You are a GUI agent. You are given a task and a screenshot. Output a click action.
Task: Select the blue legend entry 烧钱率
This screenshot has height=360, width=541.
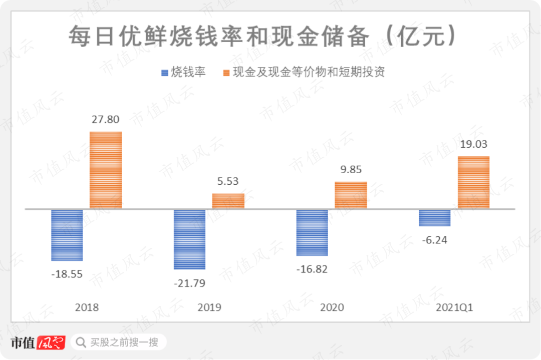[x=183, y=72]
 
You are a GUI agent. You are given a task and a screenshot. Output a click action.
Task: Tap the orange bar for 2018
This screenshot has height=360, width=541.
[x=106, y=170]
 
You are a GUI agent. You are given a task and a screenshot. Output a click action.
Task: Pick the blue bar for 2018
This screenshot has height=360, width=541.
[x=67, y=235]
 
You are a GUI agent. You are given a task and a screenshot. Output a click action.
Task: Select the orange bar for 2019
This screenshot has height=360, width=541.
[x=228, y=201]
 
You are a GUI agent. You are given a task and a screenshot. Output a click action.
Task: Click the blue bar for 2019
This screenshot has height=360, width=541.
[x=189, y=239]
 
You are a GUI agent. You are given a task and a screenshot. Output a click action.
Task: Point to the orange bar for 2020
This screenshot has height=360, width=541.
[x=351, y=195]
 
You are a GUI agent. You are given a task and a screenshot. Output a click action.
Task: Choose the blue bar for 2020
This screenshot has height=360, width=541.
[x=312, y=232]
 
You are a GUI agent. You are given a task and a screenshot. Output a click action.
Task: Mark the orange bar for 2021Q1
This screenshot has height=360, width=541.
[x=473, y=182]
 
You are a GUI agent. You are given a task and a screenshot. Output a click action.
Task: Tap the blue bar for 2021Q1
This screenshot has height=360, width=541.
[x=434, y=218]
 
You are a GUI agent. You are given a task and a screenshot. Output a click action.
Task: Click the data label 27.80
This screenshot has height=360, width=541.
[x=106, y=121]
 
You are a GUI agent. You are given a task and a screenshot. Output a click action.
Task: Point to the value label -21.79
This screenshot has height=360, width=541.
[x=189, y=283]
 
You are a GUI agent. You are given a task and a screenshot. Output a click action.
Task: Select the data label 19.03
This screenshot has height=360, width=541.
[x=473, y=145]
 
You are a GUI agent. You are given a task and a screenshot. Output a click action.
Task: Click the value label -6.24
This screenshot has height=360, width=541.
[x=434, y=240]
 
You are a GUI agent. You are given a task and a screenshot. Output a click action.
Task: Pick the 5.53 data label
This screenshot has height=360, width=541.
[x=228, y=182]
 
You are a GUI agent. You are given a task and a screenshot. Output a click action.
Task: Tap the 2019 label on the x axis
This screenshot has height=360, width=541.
[x=209, y=307]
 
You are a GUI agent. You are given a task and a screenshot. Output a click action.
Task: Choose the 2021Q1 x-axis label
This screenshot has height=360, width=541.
[x=454, y=307]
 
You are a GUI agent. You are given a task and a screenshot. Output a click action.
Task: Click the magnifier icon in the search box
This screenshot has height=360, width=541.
[x=81, y=342]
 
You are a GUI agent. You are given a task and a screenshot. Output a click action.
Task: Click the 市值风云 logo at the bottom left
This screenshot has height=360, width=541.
[x=38, y=342]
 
